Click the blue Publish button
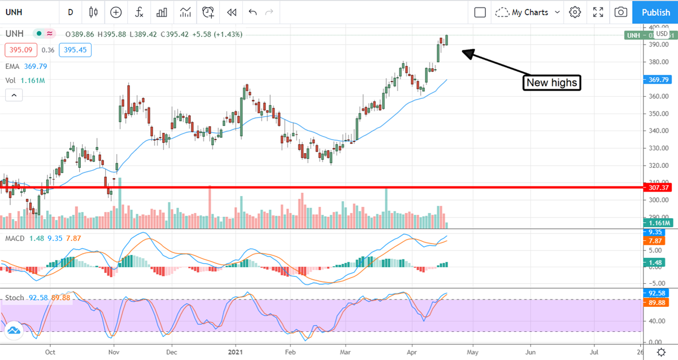click(x=655, y=12)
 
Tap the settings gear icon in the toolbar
click(x=575, y=12)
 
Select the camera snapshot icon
click(x=620, y=12)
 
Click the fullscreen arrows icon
click(x=598, y=12)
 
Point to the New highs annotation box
click(x=551, y=83)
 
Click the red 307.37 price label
click(x=659, y=186)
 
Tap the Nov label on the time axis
click(x=114, y=350)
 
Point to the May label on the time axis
click(x=471, y=350)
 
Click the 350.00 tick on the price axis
click(x=655, y=114)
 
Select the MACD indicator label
click(x=15, y=238)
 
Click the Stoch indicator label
click(x=14, y=297)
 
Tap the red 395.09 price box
click(x=21, y=50)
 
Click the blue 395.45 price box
click(x=75, y=50)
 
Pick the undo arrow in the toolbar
click(x=252, y=12)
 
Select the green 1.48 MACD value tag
click(x=655, y=262)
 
